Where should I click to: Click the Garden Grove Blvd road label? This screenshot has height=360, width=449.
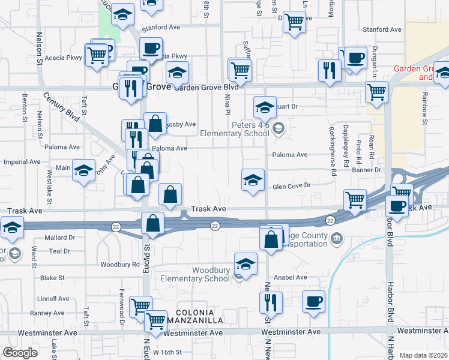point(206,87)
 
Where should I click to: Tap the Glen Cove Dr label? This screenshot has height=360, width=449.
point(291,186)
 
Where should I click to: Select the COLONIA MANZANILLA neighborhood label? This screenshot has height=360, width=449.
point(194,317)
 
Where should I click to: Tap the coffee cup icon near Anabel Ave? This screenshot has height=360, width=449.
point(314,303)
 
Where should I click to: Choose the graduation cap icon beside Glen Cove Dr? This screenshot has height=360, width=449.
point(253,181)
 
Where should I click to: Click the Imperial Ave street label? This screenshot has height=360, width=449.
point(21,162)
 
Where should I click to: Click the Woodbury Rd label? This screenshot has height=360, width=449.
point(120,265)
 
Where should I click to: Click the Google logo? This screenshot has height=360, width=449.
point(20,353)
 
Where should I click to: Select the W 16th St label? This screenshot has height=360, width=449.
point(167,352)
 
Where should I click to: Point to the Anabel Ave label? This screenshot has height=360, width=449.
point(290,278)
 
